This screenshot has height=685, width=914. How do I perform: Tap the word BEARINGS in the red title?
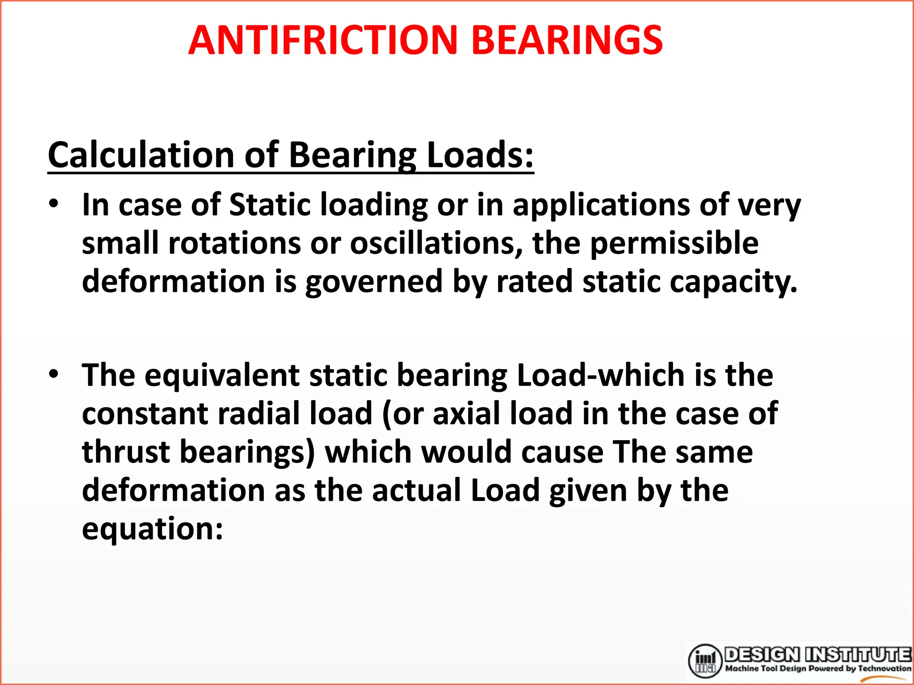[x=567, y=40]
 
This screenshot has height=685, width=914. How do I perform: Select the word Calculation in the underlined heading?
[x=141, y=155]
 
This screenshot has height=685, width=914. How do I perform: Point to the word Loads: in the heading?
[x=480, y=155]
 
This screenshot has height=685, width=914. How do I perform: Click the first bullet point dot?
[x=54, y=204]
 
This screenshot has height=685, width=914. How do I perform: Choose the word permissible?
[x=674, y=243]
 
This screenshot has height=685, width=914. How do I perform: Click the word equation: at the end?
[x=152, y=529]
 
